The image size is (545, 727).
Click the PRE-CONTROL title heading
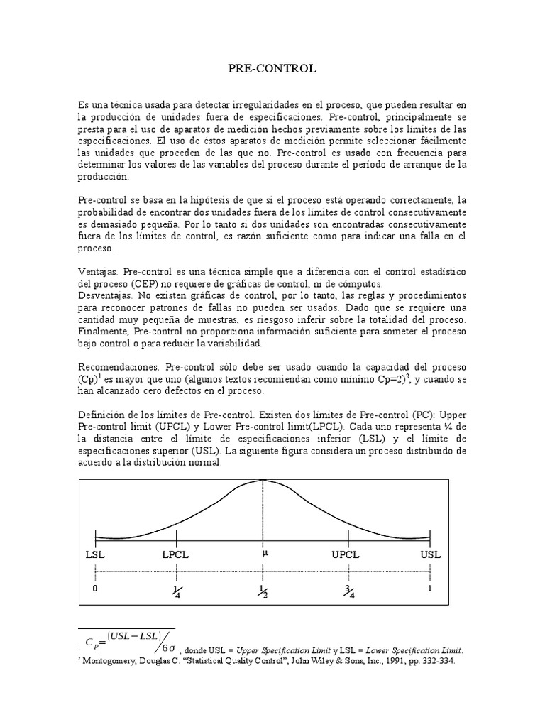(272, 69)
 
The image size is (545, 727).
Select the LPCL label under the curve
(176, 554)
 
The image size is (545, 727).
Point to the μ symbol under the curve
(265, 553)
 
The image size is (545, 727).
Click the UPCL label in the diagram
(346, 554)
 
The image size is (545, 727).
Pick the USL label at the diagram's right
(430, 554)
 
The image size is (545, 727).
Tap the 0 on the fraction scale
(96, 589)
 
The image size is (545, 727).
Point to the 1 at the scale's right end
(430, 589)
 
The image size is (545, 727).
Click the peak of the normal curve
(263, 481)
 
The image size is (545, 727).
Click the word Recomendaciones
(119, 368)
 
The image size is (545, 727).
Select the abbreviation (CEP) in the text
(152, 283)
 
